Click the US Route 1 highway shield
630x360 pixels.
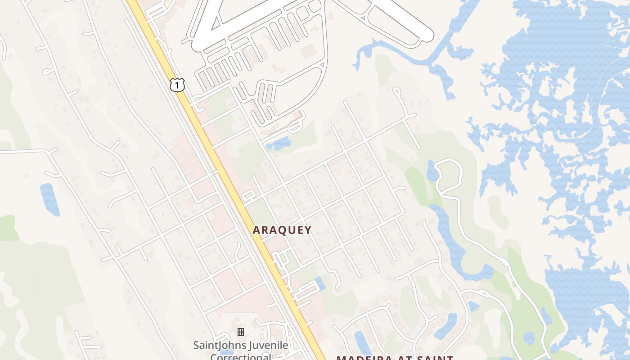(x=177, y=84)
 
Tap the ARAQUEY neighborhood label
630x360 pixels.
(x=282, y=230)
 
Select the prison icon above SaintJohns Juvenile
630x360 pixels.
(x=241, y=332)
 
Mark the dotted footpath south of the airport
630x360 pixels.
(x=283, y=126)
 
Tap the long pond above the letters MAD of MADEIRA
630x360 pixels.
(x=360, y=342)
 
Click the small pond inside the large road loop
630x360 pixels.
(x=432, y=171)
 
